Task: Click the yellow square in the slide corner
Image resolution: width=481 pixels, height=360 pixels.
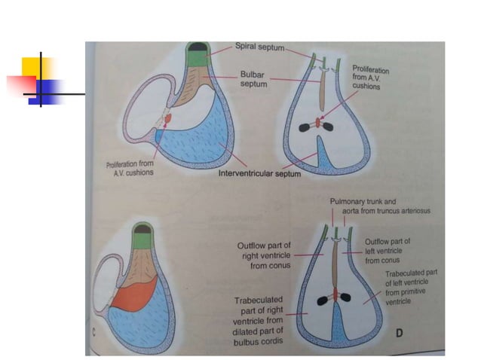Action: pyautogui.click(x=35, y=66)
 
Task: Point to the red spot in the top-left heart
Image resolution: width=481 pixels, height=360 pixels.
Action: pyautogui.click(x=167, y=120)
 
